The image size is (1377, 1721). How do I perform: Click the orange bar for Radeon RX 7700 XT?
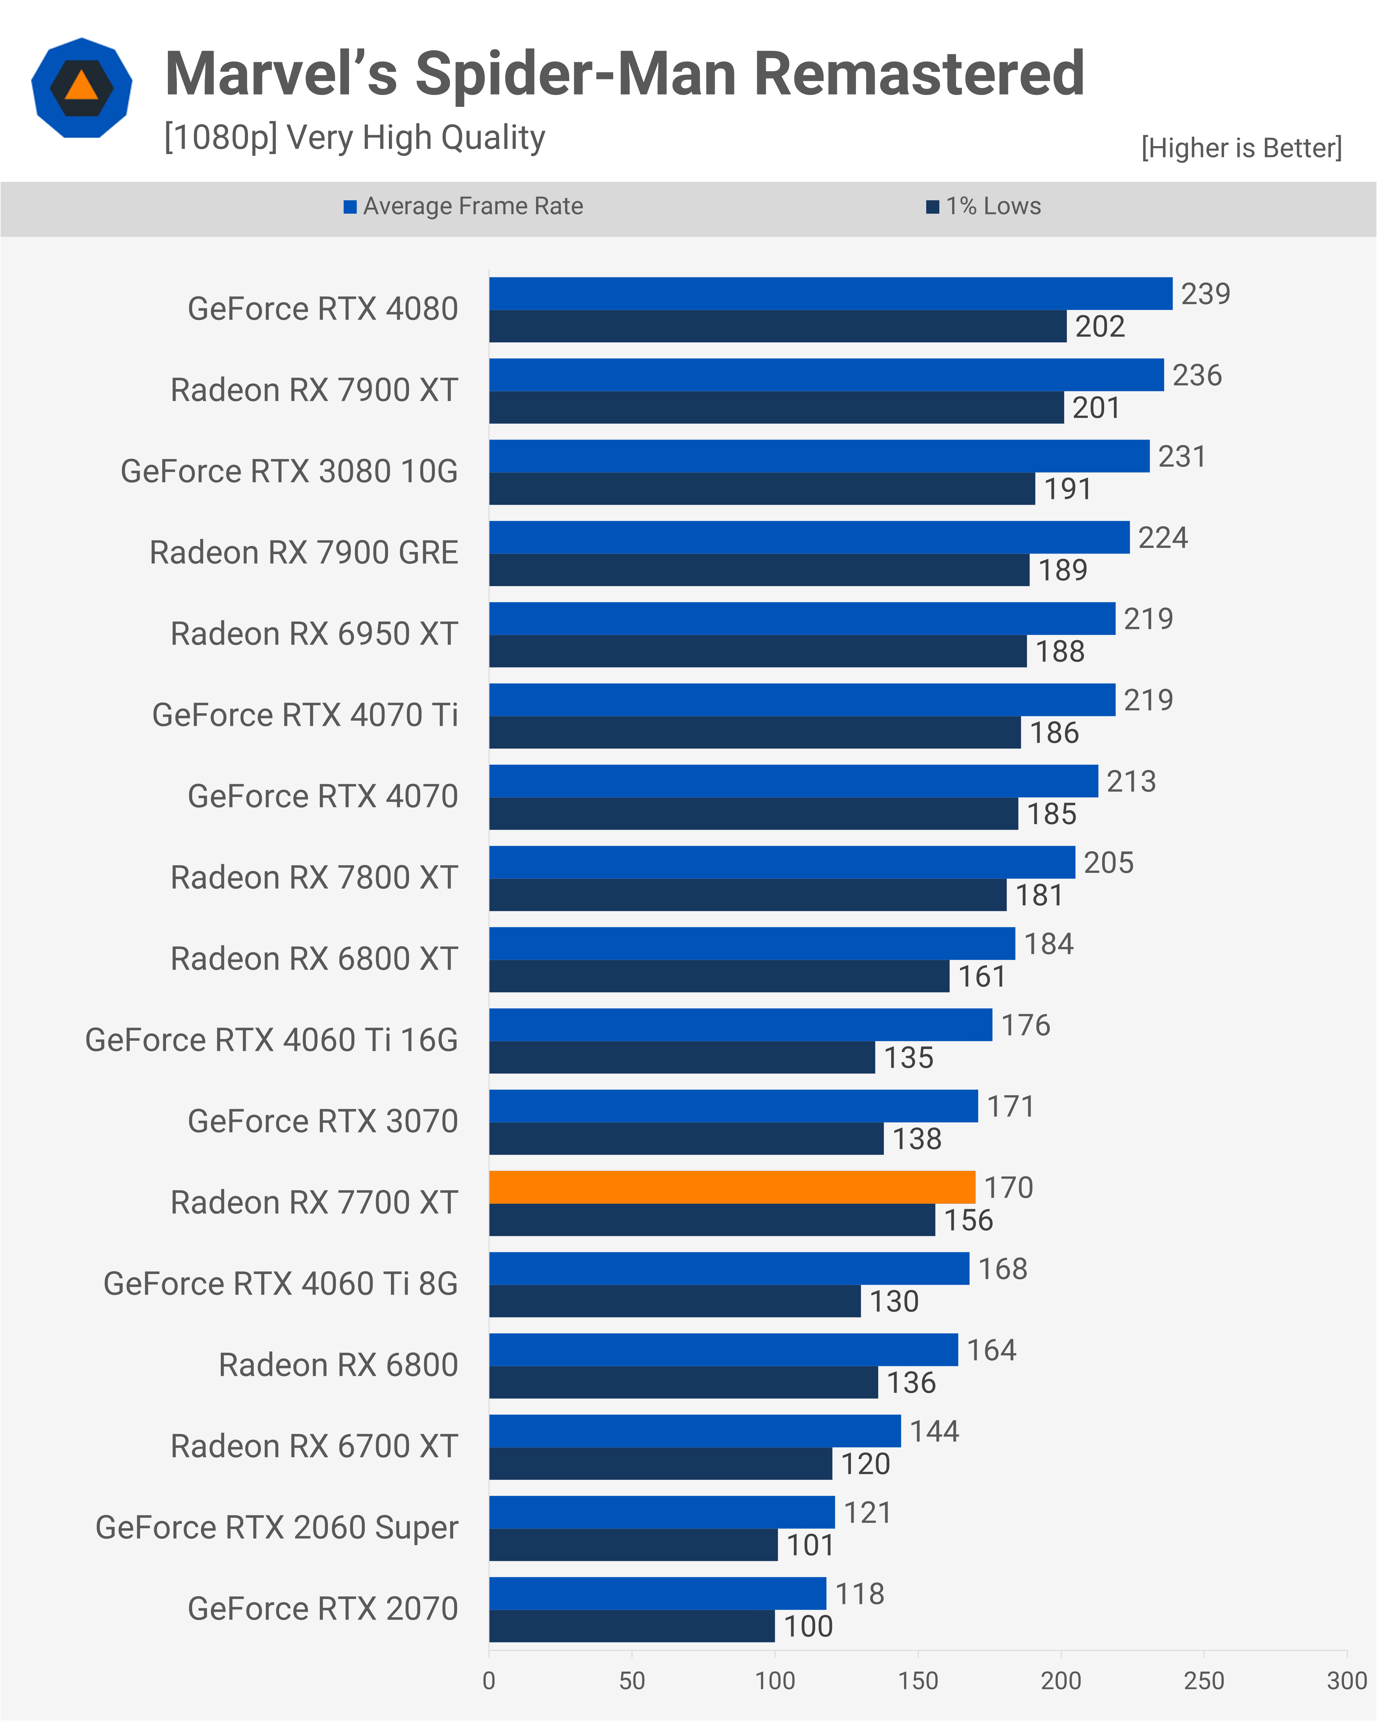[732, 1187]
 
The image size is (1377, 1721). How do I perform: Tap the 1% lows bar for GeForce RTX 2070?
[631, 1626]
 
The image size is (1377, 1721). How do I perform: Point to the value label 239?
[1205, 294]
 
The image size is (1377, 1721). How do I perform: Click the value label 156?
[968, 1220]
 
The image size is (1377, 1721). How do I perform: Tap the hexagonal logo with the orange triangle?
[82, 88]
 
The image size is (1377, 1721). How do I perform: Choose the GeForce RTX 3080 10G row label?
[289, 471]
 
